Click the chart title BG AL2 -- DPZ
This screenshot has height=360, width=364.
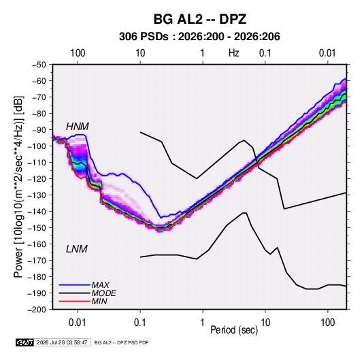tap(200, 19)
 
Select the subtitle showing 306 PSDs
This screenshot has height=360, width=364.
tap(199, 37)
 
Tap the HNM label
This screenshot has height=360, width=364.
tap(78, 127)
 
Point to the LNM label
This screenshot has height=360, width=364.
tap(77, 249)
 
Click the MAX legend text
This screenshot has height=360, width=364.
tap(100, 284)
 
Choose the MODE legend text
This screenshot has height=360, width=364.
tap(104, 293)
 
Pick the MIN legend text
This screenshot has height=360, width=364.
tap(99, 301)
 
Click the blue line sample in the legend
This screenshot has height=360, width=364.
tap(74, 285)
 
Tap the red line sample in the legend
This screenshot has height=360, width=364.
tap(74, 301)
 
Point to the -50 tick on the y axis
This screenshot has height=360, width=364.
tap(39, 65)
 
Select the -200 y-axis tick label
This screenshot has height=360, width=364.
tap(37, 310)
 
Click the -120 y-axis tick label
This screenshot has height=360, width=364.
tap(37, 179)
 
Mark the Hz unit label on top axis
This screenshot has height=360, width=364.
tap(234, 53)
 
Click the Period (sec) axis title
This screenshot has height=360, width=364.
tap(234, 330)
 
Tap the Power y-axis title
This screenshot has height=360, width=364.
tap(18, 186)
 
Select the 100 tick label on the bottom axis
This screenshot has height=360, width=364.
tap(327, 323)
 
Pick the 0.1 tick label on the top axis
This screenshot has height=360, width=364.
tap(265, 53)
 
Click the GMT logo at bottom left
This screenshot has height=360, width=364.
tap(25, 342)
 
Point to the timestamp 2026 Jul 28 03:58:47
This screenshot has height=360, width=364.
tap(62, 342)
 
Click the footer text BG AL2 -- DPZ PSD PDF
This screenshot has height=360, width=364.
tap(121, 342)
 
